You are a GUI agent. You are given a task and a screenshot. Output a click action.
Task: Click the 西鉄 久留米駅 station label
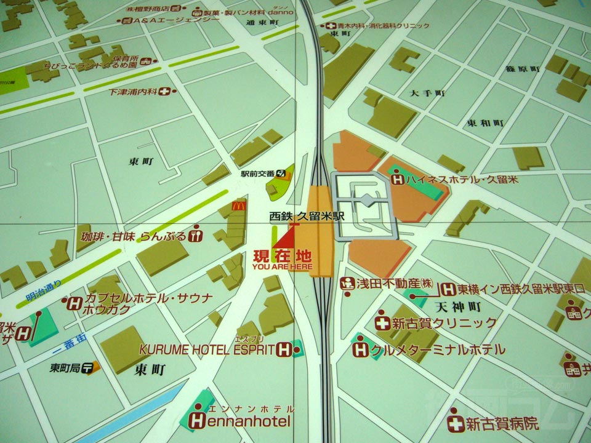(x=307, y=217)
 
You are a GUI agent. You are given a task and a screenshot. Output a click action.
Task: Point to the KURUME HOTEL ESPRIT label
(x=206, y=349)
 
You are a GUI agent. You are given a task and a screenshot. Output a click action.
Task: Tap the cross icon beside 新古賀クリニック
(x=382, y=322)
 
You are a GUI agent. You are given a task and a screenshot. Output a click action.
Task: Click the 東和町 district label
(x=485, y=123)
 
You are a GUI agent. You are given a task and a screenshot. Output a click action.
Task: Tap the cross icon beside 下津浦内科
(x=164, y=92)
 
